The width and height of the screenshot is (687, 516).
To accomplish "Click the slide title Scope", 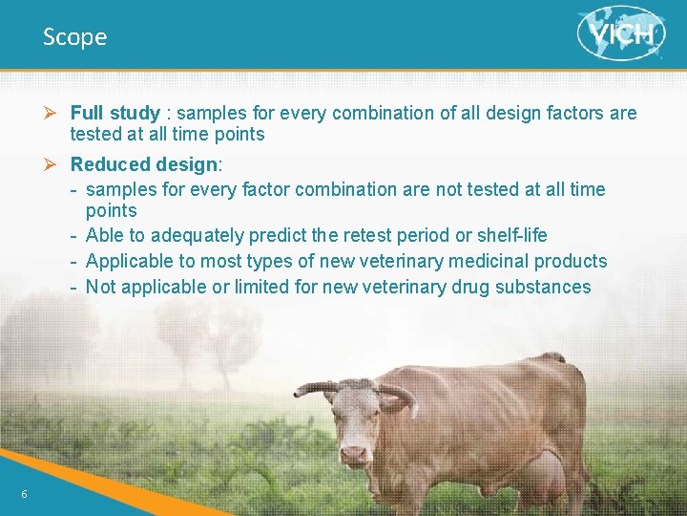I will click(x=74, y=37).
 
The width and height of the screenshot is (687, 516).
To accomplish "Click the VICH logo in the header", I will click(x=621, y=33).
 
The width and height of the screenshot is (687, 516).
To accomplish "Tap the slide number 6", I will click(x=25, y=493).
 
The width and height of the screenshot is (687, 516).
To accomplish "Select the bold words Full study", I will click(x=114, y=114).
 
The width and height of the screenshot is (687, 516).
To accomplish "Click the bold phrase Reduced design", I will click(x=143, y=165).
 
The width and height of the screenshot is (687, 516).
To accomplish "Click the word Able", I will click(x=105, y=235).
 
